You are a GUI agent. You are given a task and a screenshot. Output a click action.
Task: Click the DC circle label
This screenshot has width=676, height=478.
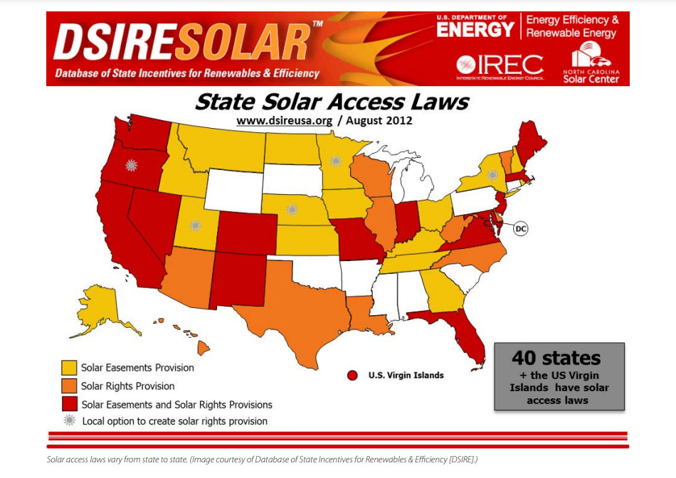pos(521,229)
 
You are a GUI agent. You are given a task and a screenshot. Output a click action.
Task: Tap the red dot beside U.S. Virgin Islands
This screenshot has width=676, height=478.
pos(352,375)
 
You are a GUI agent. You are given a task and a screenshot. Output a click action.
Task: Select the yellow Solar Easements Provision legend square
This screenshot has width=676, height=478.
pos(69,368)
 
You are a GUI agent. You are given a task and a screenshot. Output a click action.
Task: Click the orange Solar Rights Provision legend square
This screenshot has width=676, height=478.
pos(69,386)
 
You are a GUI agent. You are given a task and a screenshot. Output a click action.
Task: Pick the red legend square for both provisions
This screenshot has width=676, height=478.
pos(69,404)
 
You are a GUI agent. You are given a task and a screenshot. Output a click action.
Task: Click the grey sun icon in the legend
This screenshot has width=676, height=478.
pos(69,421)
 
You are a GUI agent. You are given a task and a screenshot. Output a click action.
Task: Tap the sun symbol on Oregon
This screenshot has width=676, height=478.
pos(130,165)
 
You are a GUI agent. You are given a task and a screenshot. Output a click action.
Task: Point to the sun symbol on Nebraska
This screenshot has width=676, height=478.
pos(291,210)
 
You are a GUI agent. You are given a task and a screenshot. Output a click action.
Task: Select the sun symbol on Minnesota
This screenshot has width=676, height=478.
pos(336,161)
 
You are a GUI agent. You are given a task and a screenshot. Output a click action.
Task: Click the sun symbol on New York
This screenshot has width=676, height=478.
pos(492,175)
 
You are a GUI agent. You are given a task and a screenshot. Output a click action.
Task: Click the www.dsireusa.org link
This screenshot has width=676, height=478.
pos(285,121)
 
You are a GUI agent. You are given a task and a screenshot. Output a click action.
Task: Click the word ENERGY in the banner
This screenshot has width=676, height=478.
pos(475,28)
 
